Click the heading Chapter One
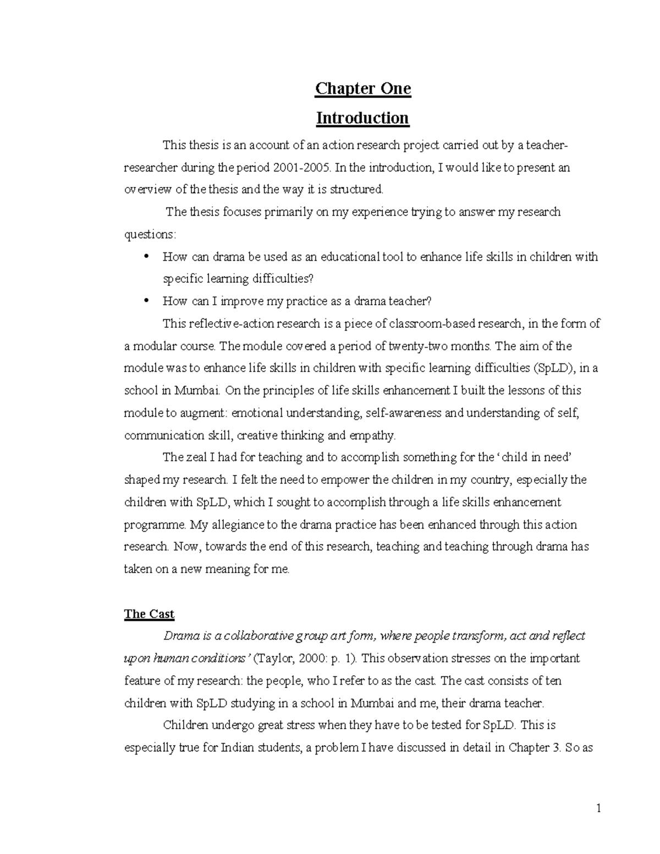362,89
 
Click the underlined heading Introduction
362,118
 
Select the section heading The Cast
149,614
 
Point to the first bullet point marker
146,257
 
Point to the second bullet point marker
146,301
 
